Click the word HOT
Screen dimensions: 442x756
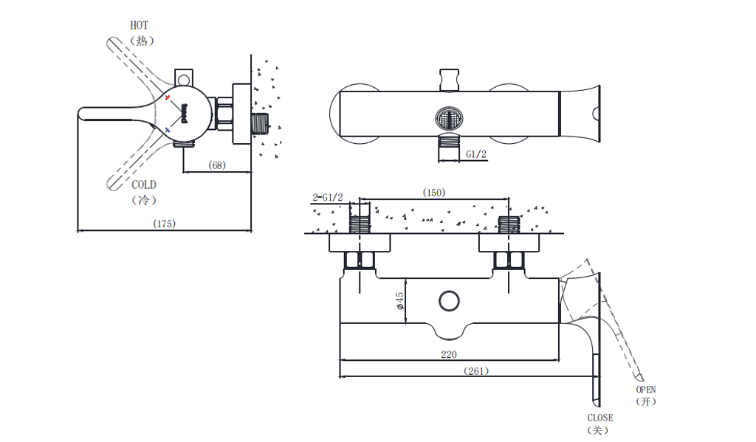click(140, 25)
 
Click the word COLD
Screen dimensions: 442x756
click(144, 185)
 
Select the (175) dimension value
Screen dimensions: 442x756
click(164, 223)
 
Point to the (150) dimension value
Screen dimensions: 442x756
click(434, 193)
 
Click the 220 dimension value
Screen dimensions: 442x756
click(448, 354)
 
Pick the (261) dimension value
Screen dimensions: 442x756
click(476, 370)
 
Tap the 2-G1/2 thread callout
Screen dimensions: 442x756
click(328, 197)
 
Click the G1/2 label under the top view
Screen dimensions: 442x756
click(476, 154)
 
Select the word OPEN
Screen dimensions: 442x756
click(646, 390)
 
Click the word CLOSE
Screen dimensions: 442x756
click(600, 418)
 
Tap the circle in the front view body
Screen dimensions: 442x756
click(448, 301)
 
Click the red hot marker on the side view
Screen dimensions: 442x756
click(168, 98)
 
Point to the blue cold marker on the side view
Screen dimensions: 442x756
click(168, 130)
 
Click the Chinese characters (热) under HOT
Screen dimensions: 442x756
click(142, 41)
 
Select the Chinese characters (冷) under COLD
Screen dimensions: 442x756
click(144, 200)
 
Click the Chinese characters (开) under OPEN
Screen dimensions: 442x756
click(646, 402)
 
